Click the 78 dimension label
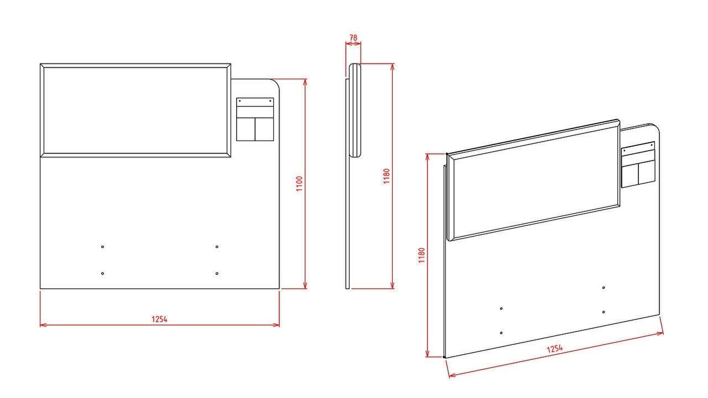point(353,38)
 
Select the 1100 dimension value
point(299,183)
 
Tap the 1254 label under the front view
point(159,319)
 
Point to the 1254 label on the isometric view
point(555,349)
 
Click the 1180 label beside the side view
point(386,176)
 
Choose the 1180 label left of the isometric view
point(421,255)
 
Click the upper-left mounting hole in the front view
point(102,247)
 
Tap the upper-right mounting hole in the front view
point(217,247)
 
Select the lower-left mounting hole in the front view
point(102,273)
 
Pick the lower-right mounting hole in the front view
point(217,273)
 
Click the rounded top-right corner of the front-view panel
point(276,82)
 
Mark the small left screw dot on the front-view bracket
point(240,101)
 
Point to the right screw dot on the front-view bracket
point(270,101)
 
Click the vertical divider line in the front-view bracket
point(255,129)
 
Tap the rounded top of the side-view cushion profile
point(355,65)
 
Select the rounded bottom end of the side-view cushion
point(356,155)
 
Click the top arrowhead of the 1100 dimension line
point(305,81)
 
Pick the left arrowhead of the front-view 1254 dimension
point(43,325)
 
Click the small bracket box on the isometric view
point(638,164)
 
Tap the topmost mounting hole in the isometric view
point(603,288)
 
